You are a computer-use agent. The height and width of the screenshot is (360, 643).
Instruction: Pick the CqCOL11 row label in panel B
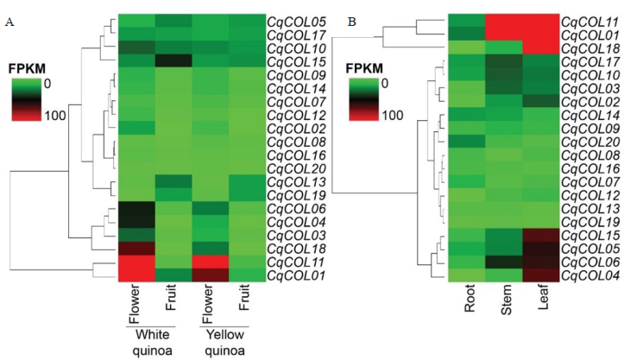[590, 21]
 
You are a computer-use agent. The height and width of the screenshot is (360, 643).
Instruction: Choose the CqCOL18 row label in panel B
[590, 47]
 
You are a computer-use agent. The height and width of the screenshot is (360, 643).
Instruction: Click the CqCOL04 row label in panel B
[590, 276]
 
